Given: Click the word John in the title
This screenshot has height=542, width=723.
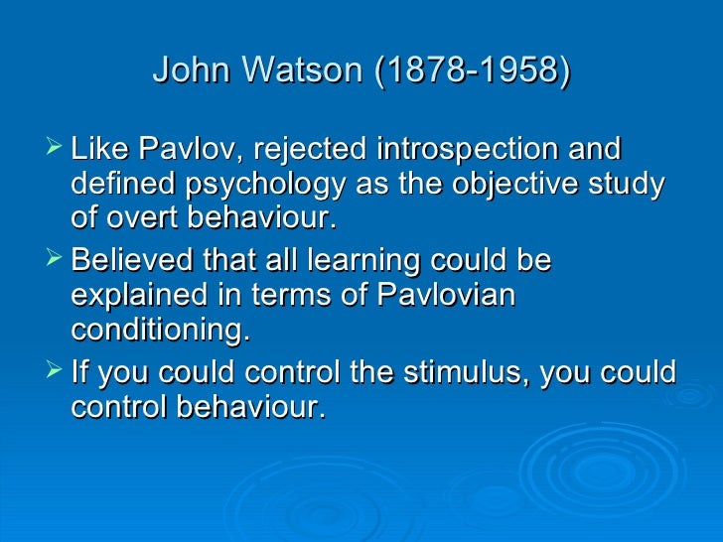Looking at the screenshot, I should [188, 71].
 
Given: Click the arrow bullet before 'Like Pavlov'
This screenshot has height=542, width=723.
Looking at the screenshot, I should [55, 151].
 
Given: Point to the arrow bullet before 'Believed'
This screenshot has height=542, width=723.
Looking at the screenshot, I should [55, 261].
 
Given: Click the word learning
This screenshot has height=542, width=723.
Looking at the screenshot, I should [343, 261].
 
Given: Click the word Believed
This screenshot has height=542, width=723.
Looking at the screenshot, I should [134, 261].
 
